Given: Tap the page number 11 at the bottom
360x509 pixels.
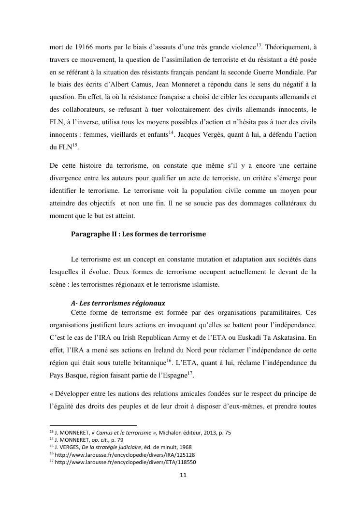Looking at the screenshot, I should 183,476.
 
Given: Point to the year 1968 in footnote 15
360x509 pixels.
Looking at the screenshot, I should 186,448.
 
